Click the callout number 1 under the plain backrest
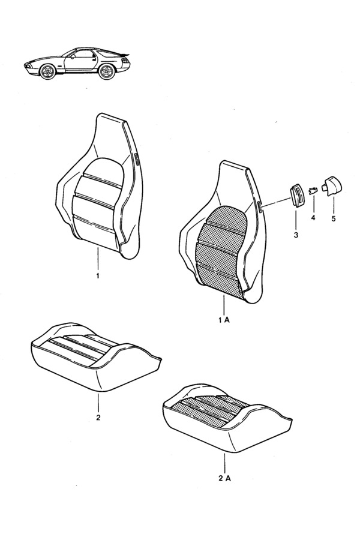click(98, 276)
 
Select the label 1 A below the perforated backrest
click(224, 320)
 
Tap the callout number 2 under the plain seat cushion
click(98, 418)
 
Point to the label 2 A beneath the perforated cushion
click(224, 478)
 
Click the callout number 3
click(296, 235)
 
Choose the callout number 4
click(313, 218)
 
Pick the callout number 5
click(334, 218)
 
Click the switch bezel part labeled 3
click(296, 194)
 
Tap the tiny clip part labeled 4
click(313, 190)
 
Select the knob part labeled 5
click(332, 187)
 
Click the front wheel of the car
click(47, 71)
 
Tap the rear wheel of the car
click(106, 71)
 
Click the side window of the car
click(83, 55)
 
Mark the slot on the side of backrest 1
click(136, 160)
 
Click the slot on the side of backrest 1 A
click(260, 206)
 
